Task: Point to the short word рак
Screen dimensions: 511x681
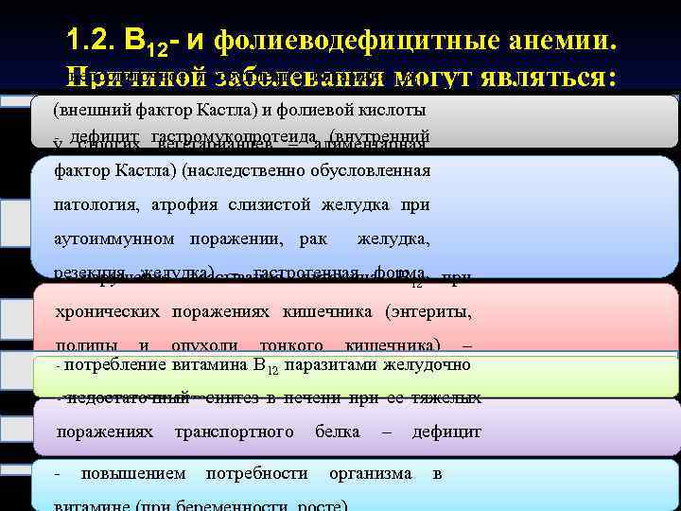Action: (311, 240)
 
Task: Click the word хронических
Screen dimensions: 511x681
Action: (108, 310)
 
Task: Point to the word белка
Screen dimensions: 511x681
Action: (337, 432)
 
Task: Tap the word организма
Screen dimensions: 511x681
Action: (370, 471)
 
